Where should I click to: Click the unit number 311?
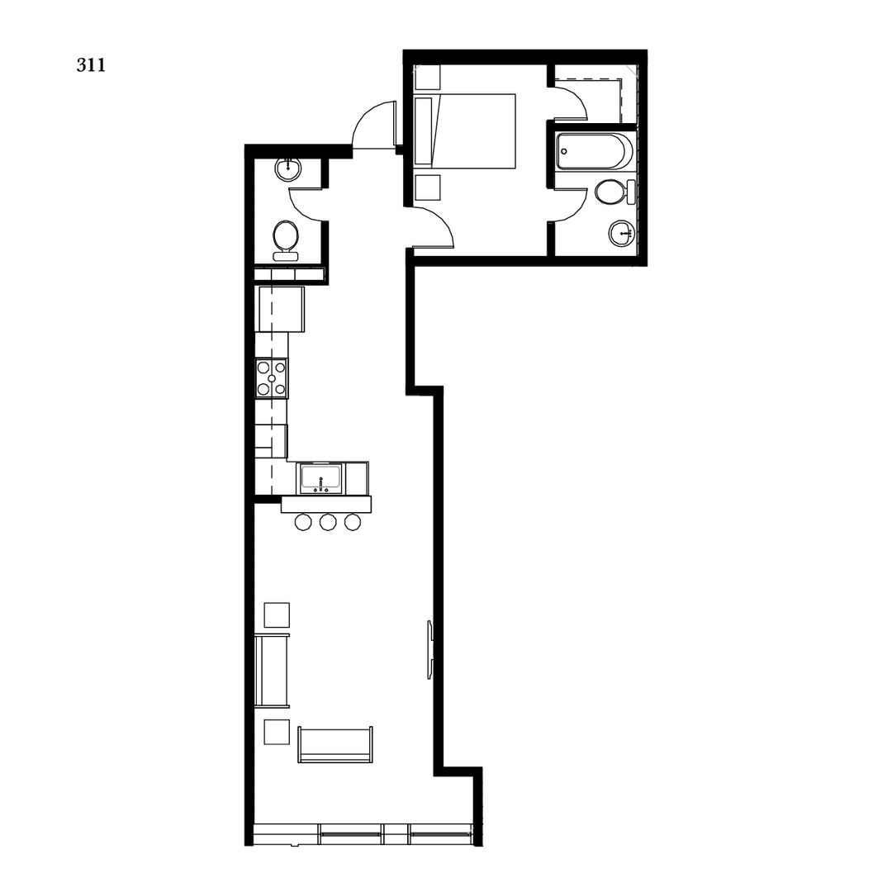tap(91, 65)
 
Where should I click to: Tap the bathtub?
tap(594, 151)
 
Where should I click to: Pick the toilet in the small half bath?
tap(286, 238)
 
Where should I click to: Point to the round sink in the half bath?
tap(287, 168)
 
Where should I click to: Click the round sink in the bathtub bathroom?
tap(621, 233)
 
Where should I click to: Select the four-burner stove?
tap(272, 378)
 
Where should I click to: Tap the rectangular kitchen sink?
tap(320, 478)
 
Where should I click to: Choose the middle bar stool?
tap(328, 522)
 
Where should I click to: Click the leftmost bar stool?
tap(303, 522)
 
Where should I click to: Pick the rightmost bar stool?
tap(353, 522)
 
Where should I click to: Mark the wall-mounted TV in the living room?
tap(430, 649)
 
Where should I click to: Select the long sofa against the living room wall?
tap(272, 671)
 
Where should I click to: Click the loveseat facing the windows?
tap(334, 745)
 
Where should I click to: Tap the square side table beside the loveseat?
tap(277, 732)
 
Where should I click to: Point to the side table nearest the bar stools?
tap(277, 615)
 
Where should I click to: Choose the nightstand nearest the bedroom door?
tap(428, 187)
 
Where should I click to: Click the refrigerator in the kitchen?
tap(281, 308)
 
